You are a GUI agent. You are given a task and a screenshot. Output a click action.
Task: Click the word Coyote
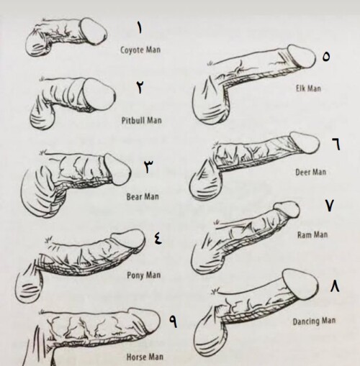132,50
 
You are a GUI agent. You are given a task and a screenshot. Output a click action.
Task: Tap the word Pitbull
133,120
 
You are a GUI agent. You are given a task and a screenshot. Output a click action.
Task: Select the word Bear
134,197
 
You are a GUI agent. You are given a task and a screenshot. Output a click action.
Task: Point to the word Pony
135,275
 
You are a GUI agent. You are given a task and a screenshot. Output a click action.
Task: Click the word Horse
136,357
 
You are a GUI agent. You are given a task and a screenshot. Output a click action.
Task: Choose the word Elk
300,88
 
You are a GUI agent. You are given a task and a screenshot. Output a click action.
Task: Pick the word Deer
303,173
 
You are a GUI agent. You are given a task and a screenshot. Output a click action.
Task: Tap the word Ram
304,234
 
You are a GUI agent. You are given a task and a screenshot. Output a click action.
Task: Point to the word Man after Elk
314,88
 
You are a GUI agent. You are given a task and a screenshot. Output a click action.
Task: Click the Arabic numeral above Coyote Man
139,28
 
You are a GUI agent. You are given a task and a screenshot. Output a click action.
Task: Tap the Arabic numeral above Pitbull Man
140,87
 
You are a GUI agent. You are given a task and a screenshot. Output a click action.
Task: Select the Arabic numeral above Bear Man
149,166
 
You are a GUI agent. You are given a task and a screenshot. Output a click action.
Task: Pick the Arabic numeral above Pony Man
158,239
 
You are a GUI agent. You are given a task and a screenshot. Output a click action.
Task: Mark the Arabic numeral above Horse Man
174,321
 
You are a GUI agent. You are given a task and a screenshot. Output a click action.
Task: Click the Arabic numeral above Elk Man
326,57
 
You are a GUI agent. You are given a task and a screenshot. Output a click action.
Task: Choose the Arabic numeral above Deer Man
336,145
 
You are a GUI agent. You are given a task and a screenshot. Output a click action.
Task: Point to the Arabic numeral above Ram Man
330,206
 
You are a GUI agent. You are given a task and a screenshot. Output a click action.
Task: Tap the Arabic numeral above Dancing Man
335,286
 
